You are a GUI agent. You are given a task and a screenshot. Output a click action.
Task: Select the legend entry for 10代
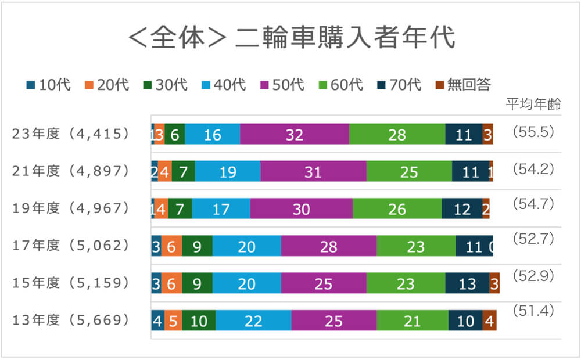tap(49, 85)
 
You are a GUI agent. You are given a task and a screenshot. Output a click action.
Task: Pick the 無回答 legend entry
tap(464, 85)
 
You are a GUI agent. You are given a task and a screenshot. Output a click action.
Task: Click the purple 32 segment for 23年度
tap(295, 135)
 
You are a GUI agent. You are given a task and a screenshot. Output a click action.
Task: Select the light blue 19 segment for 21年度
tap(228, 172)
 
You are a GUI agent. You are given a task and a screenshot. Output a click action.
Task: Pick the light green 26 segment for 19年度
tap(397, 209)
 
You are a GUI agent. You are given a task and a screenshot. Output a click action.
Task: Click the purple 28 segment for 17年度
tap(329, 247)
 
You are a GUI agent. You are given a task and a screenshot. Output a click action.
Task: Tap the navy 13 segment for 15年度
tap(467, 284)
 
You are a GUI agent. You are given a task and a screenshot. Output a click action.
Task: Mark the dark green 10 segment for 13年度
tap(199, 321)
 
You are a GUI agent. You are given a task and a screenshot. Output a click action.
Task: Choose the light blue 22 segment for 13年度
tap(253, 321)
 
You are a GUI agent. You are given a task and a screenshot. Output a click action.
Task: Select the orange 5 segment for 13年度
tap(173, 321)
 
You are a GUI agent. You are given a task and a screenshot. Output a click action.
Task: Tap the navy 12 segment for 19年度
tap(462, 209)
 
